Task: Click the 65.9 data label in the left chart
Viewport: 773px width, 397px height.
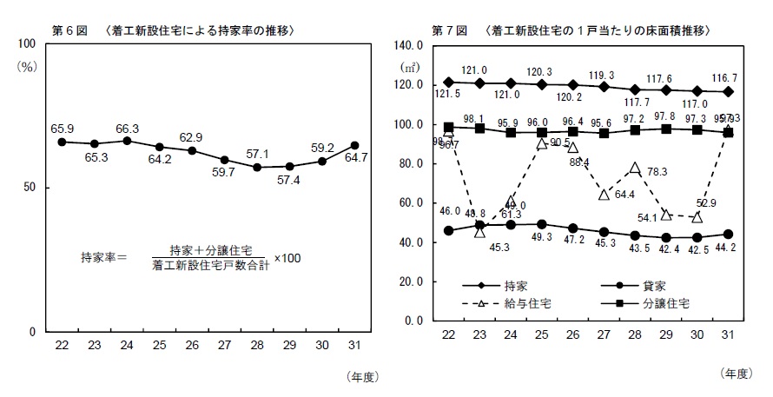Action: tap(62, 128)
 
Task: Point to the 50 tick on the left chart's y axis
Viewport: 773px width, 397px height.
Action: tap(27, 188)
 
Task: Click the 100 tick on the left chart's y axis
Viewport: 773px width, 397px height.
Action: tap(24, 43)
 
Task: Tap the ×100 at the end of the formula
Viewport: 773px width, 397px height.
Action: tap(287, 257)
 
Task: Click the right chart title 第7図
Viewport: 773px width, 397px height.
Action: tap(452, 30)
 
